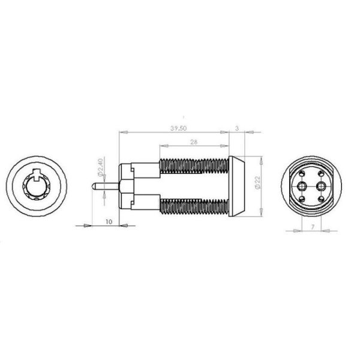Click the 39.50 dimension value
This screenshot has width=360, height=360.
(178, 128)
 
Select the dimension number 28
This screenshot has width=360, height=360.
(194, 142)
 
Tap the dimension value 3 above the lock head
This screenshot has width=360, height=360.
(237, 128)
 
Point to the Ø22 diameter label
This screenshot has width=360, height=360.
(258, 182)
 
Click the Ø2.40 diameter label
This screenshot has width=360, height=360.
(100, 167)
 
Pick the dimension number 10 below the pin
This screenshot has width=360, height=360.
(109, 222)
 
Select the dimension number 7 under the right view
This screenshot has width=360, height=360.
(312, 227)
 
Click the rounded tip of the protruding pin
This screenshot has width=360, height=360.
(93, 186)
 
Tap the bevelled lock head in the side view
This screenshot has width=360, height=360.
(237, 186)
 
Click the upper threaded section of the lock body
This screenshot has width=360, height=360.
(194, 166)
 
